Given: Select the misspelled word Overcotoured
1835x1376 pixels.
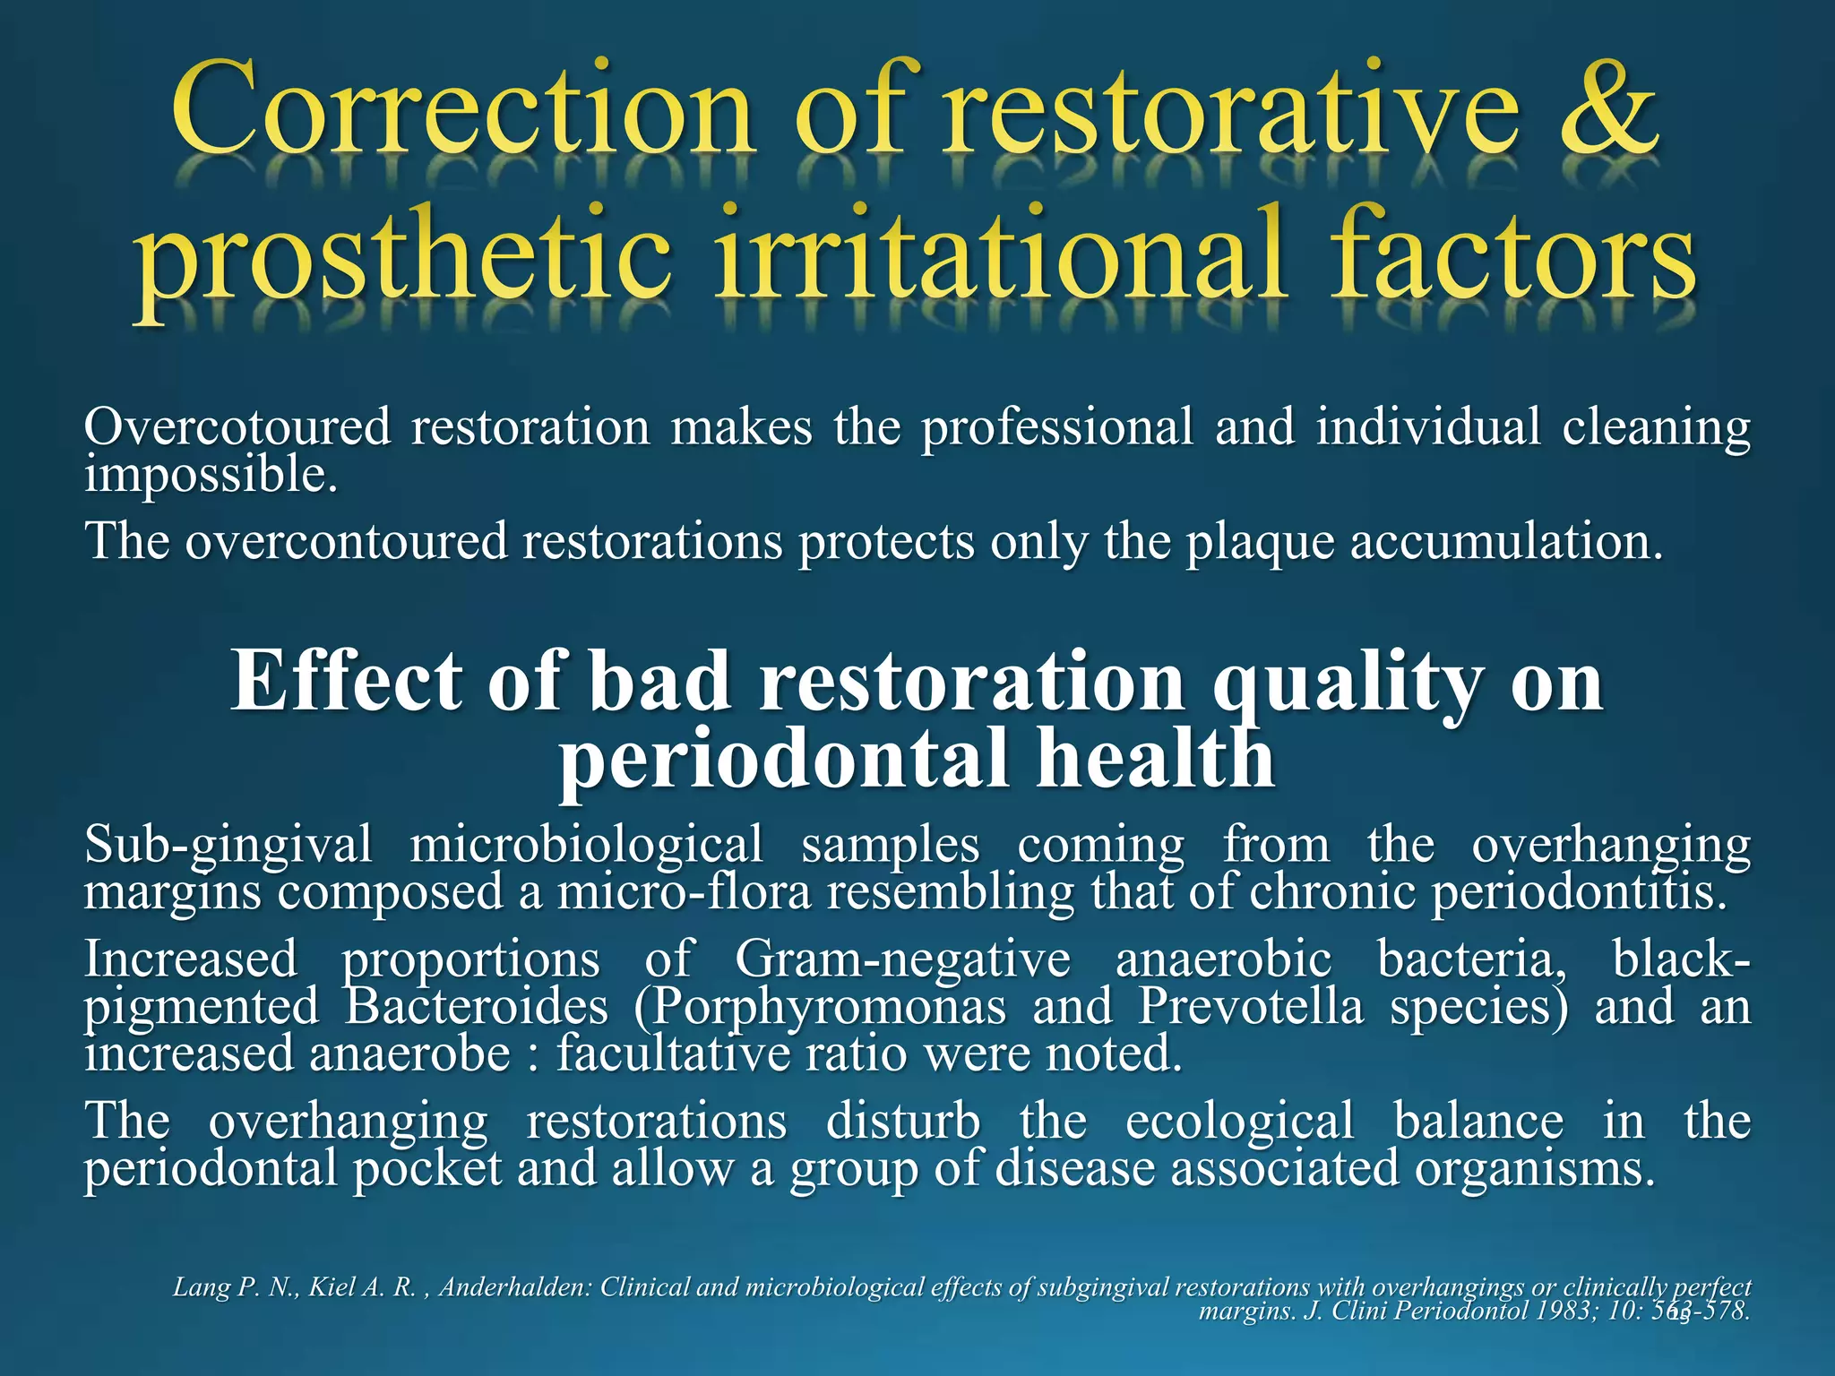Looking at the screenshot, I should point(237,426).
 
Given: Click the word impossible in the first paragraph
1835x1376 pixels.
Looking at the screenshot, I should point(211,476).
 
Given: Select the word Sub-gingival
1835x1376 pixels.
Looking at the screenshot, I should point(228,846).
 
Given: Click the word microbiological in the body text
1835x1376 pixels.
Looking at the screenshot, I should point(586,846).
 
